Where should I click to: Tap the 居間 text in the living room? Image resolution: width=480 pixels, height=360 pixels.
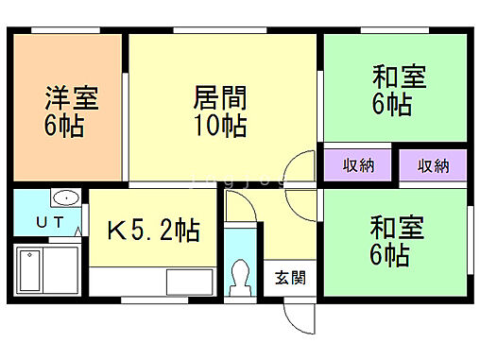[x=220, y=97]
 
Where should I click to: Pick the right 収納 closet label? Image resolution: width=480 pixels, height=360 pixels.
[x=434, y=166]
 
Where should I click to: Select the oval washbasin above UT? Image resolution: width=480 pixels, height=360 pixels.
[x=66, y=199]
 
